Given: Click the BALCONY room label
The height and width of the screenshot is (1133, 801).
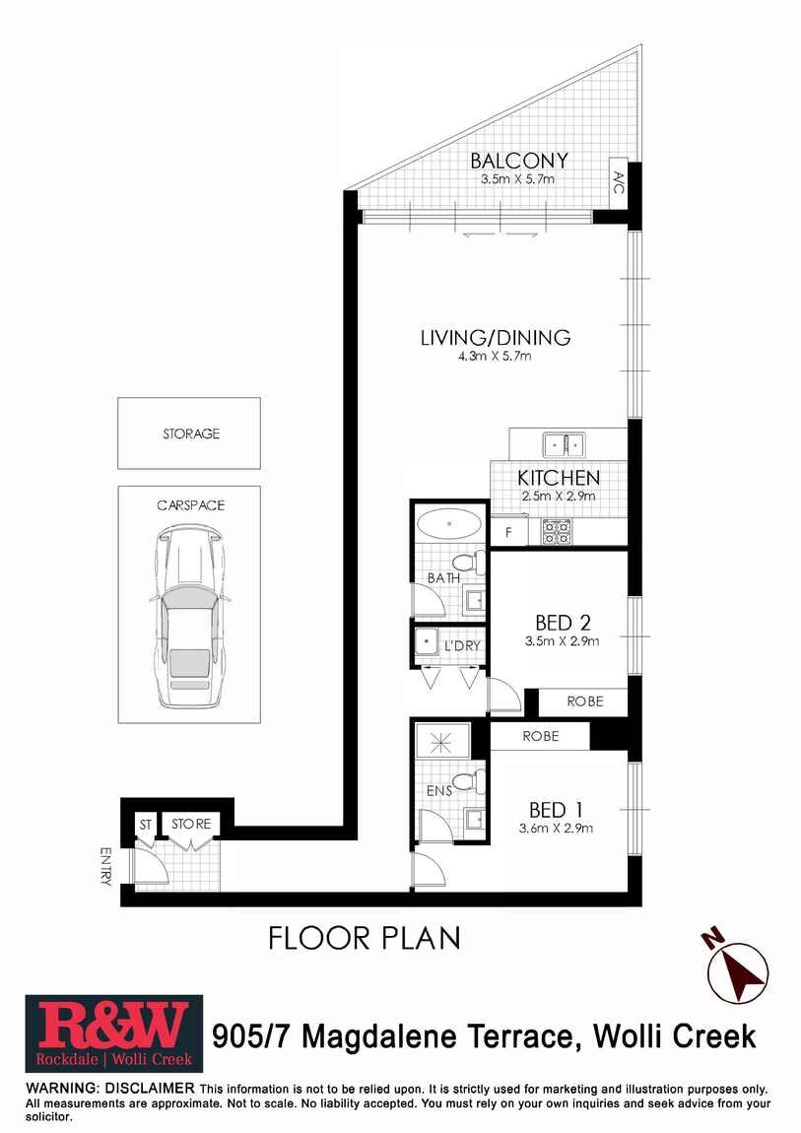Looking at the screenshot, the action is pyautogui.click(x=518, y=160).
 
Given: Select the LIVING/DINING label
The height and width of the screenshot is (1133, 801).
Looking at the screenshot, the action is pyautogui.click(x=496, y=338).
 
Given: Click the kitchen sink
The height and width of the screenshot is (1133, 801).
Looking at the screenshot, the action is pyautogui.click(x=565, y=444).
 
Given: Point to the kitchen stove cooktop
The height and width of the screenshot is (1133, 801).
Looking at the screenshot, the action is pyautogui.click(x=557, y=533).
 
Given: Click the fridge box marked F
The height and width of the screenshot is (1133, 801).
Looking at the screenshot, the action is pyautogui.click(x=509, y=533).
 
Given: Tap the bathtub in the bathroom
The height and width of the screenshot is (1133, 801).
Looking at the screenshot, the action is pyautogui.click(x=450, y=523).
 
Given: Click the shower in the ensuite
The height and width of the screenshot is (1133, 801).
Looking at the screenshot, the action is pyautogui.click(x=442, y=741).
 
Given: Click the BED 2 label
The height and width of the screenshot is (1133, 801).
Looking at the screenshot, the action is pyautogui.click(x=563, y=622).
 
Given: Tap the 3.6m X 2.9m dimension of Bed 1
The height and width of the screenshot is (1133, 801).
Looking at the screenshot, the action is pyautogui.click(x=556, y=828).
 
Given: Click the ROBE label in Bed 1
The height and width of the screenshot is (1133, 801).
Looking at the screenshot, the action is pyautogui.click(x=541, y=736).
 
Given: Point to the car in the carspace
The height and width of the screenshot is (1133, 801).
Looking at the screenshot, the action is pyautogui.click(x=189, y=617).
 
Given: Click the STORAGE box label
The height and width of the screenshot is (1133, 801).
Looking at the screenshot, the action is pyautogui.click(x=191, y=433).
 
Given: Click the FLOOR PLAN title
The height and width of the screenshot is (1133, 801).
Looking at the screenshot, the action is pyautogui.click(x=364, y=938).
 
